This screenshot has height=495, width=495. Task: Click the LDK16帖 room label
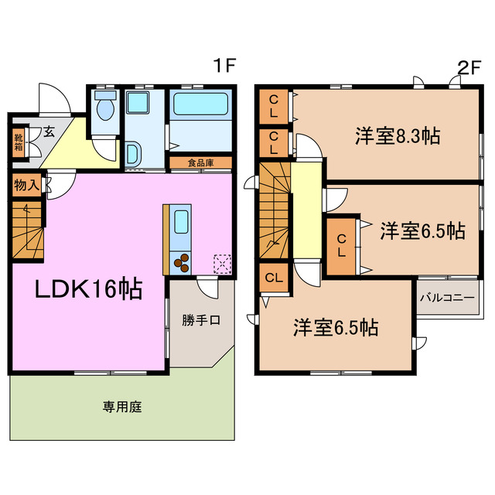pos(87,290)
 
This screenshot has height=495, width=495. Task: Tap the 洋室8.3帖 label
pos(397,137)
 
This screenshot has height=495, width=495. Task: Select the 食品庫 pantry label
pos(200,162)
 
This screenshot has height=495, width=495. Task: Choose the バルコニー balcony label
pos(447,297)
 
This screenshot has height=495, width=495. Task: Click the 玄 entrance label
pos(49,132)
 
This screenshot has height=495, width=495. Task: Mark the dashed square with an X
pos(222,264)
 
